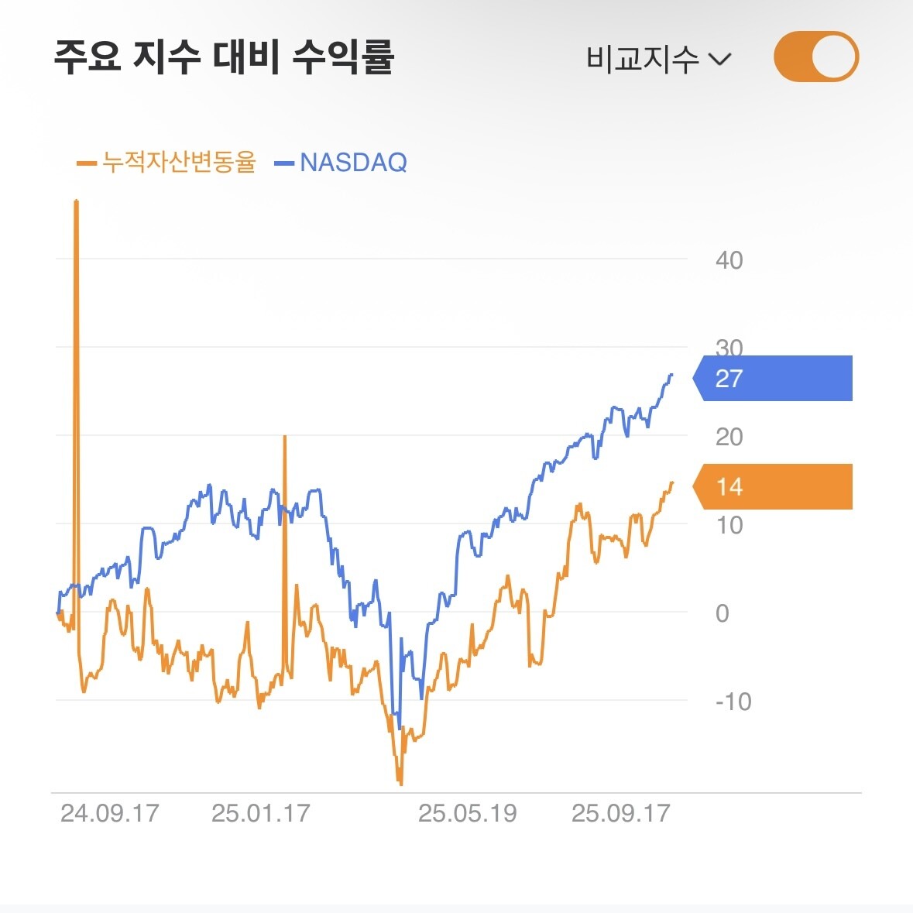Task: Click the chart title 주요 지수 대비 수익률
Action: click(x=224, y=57)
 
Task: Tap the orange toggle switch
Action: click(x=816, y=57)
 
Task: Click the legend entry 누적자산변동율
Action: click(x=167, y=163)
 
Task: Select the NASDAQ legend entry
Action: click(x=342, y=163)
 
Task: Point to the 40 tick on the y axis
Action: click(x=729, y=260)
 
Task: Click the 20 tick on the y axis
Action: click(x=729, y=437)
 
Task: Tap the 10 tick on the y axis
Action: click(x=729, y=525)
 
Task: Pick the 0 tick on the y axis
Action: click(x=723, y=613)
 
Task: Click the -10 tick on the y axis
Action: click(x=733, y=702)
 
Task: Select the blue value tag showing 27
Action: click(x=773, y=378)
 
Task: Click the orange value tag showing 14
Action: click(x=773, y=486)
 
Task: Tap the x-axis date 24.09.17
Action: click(x=109, y=813)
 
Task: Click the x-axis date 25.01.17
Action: click(x=260, y=813)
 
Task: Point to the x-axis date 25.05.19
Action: click(x=467, y=813)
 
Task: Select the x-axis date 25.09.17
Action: click(x=620, y=813)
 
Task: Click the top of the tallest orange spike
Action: click(x=76, y=201)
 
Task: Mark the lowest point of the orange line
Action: click(x=400, y=784)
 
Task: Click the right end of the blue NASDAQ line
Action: click(x=671, y=375)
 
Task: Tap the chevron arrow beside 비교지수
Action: click(x=720, y=59)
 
